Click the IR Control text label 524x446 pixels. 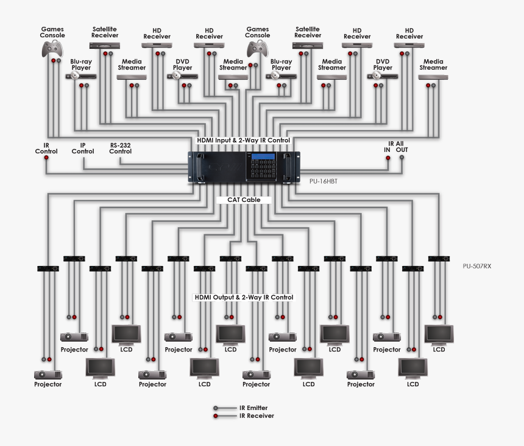46,148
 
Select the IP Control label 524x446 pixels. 83,148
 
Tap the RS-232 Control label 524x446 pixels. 120,148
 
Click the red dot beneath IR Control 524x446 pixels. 46,159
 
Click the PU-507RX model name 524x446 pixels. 477,266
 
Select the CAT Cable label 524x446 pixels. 244,200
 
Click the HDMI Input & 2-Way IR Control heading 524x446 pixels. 244,140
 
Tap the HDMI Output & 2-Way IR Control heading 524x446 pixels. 244,298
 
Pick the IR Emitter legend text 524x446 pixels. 253,408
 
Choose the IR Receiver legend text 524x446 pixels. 255,415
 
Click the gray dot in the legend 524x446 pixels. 216,408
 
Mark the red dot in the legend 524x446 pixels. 216,415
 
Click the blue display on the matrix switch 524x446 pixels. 263,157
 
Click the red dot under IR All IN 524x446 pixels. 387,158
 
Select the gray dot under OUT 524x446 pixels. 402,158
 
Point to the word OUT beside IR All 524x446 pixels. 402,149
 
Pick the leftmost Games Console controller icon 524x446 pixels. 52,48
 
